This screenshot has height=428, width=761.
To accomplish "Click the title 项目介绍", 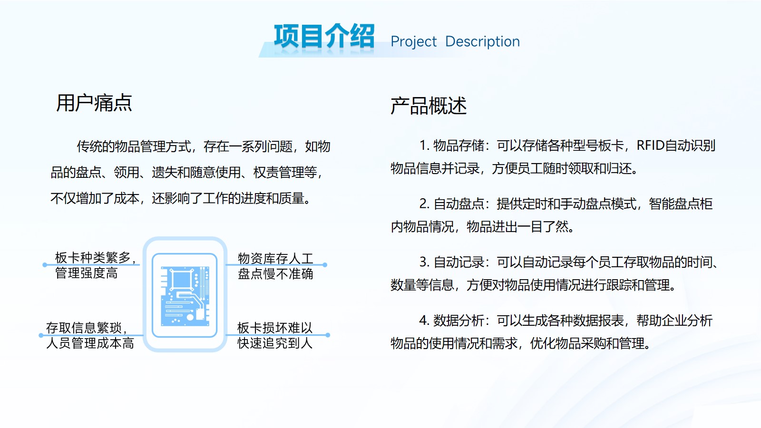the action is [x=324, y=36].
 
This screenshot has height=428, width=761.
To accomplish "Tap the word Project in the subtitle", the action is [x=413, y=42].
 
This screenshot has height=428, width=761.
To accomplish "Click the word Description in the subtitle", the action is [x=482, y=42].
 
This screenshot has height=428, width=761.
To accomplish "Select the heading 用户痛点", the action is [x=94, y=103].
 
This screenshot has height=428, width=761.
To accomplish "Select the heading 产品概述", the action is [x=429, y=106].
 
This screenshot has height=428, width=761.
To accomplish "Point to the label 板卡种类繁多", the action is [x=93, y=257].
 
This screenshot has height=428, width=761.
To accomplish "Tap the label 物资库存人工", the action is [x=275, y=259].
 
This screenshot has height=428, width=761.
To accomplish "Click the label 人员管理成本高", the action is [x=90, y=343].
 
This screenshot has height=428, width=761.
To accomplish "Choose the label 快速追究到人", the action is [x=275, y=343].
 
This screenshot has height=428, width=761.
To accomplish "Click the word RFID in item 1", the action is [x=650, y=146].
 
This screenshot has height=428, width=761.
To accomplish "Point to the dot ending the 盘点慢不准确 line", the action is [x=325, y=264].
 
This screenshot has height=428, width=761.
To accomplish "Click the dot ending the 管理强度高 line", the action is [x=45, y=264].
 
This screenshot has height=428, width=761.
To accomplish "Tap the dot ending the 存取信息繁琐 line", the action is [x=41, y=335].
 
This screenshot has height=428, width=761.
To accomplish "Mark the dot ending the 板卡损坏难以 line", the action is [x=328, y=335].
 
